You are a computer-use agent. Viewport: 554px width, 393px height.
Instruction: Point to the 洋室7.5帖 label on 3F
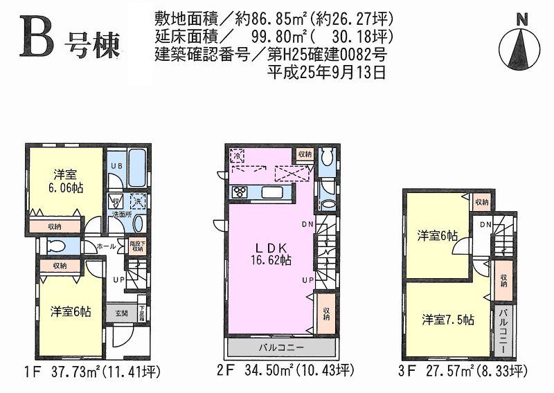click(448, 320)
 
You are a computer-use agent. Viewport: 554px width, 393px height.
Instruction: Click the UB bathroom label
click(118, 167)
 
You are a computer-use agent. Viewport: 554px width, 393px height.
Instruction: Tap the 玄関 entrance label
click(120, 313)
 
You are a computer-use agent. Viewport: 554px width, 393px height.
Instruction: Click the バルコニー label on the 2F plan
click(281, 346)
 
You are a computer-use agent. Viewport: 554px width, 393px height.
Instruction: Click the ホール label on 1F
click(105, 246)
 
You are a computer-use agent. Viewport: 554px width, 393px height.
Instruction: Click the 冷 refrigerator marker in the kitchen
click(237, 156)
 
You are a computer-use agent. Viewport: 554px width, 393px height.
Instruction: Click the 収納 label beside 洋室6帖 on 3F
click(481, 202)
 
